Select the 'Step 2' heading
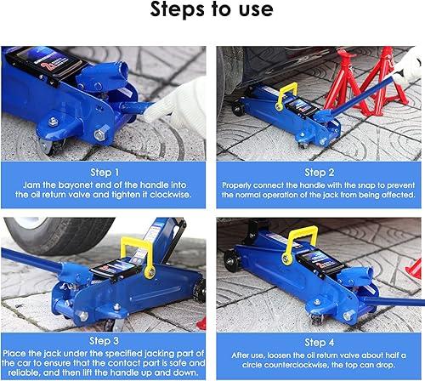pos(319,170)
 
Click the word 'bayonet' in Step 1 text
pos(65,183)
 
